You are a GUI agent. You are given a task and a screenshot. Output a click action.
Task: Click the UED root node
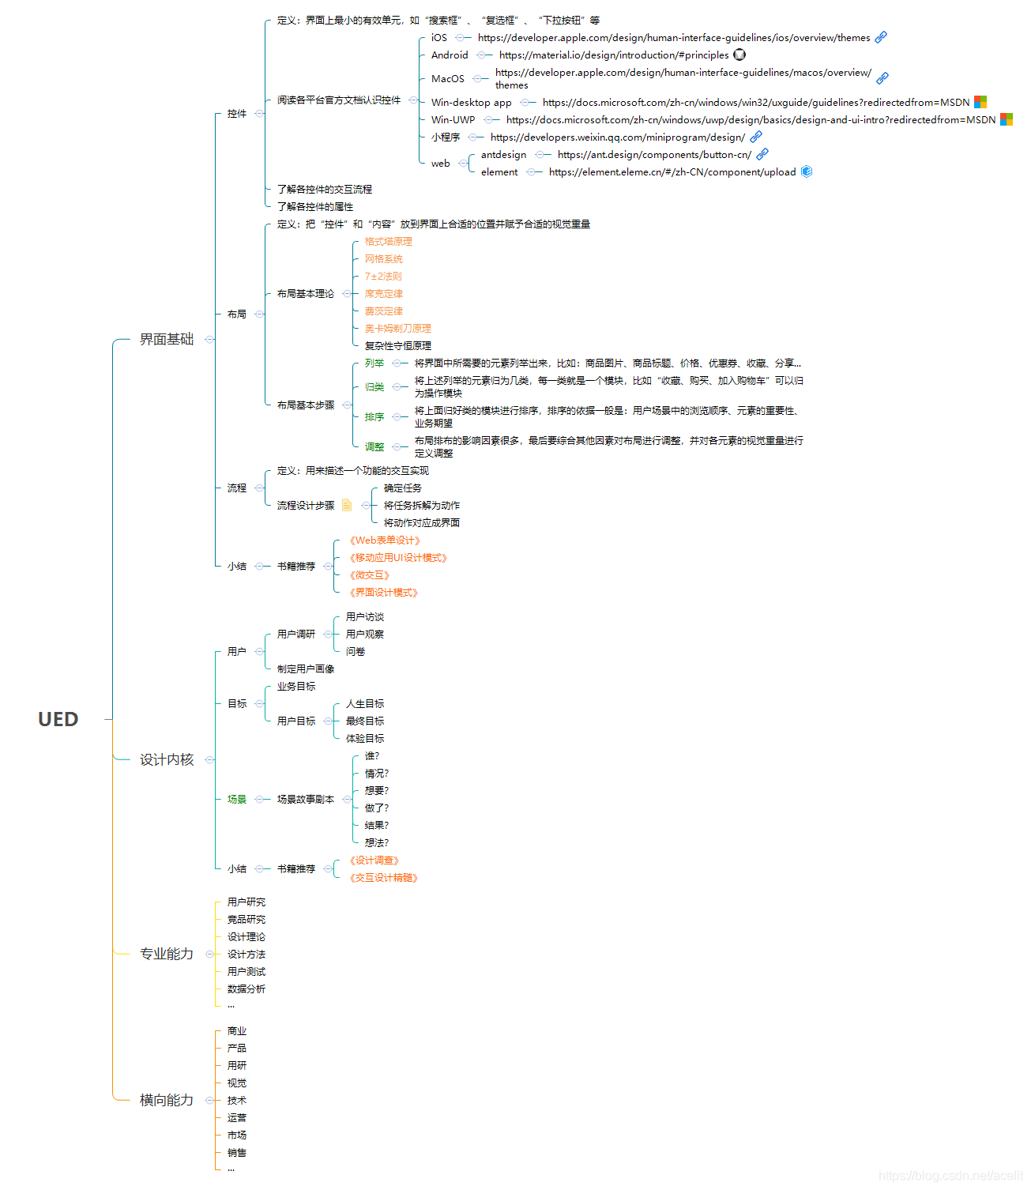pyautogui.click(x=58, y=719)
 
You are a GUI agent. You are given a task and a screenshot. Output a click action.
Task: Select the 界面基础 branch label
pyautogui.click(x=167, y=339)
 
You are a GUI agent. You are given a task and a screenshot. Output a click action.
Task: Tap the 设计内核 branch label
pyautogui.click(x=167, y=759)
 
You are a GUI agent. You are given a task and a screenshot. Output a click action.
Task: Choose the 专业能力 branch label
pyautogui.click(x=167, y=954)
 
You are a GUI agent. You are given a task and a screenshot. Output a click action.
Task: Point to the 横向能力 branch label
pyautogui.click(x=167, y=1100)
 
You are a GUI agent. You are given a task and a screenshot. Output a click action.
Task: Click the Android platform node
pyautogui.click(x=450, y=55)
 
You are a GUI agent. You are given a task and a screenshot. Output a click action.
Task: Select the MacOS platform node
pyautogui.click(x=448, y=79)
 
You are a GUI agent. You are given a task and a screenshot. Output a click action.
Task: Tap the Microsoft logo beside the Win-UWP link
pyautogui.click(x=1007, y=119)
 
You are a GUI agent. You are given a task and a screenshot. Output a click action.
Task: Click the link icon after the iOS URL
pyautogui.click(x=881, y=37)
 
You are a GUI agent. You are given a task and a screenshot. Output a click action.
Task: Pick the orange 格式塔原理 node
pyautogui.click(x=389, y=242)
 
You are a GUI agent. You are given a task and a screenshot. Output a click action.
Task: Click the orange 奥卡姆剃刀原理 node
pyautogui.click(x=398, y=329)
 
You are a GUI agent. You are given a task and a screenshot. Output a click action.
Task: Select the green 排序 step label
pyautogui.click(x=374, y=417)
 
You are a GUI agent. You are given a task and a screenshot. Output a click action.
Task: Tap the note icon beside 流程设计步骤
pyautogui.click(x=347, y=505)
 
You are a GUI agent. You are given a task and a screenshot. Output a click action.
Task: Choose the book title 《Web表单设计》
pyautogui.click(x=385, y=540)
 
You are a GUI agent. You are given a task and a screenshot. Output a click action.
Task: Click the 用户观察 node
pyautogui.click(x=365, y=635)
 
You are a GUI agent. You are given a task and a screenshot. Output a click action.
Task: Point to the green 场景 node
pyautogui.click(x=237, y=800)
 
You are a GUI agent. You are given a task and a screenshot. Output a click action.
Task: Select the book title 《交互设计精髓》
pyautogui.click(x=383, y=878)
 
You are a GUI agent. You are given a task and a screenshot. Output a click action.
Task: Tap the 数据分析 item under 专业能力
pyautogui.click(x=246, y=989)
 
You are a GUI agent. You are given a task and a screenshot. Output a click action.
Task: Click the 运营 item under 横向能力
pyautogui.click(x=237, y=1118)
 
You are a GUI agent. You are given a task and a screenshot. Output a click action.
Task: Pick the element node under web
pyautogui.click(x=499, y=172)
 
